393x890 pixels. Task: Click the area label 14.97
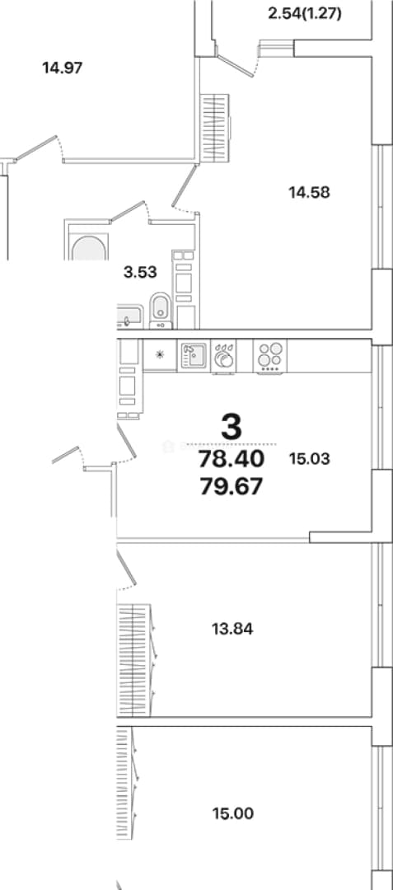[63, 68]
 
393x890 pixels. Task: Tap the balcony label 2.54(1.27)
[305, 13]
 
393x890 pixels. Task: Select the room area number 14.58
[309, 192]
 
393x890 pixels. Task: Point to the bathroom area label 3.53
[140, 272]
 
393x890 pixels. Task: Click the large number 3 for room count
[232, 427]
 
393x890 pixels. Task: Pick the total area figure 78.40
[231, 459]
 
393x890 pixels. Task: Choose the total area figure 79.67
[231, 486]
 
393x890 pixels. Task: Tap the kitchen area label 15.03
[309, 458]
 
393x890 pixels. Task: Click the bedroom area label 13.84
[232, 628]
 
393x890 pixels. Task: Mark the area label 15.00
[233, 814]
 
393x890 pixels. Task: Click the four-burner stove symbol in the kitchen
[270, 357]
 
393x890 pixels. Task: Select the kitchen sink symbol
[194, 356]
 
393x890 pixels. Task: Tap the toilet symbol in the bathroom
[161, 311]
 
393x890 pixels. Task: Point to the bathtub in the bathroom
[87, 241]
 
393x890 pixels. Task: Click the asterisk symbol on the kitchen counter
[160, 355]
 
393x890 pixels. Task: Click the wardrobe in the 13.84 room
[134, 659]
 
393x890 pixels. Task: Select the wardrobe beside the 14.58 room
[216, 129]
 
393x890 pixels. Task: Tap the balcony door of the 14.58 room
[234, 65]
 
